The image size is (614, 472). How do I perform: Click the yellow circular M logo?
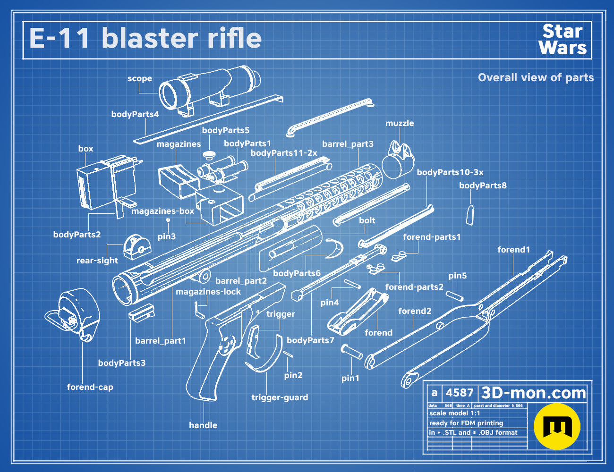tap(557, 426)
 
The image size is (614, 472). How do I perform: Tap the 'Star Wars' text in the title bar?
tap(563, 39)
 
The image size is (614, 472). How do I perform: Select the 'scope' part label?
tap(140, 78)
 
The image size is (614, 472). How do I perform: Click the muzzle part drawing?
tap(398, 160)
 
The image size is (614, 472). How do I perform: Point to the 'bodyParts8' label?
tap(483, 185)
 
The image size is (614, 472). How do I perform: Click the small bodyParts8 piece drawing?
tap(470, 215)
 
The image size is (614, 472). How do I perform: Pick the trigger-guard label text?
tap(280, 397)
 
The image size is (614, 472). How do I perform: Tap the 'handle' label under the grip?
tap(203, 425)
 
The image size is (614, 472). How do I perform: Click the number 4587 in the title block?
tap(459, 393)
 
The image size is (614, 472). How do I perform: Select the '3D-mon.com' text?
tap(533, 393)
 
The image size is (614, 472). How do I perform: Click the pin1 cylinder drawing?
tap(351, 352)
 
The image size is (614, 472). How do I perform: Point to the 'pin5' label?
tap(458, 276)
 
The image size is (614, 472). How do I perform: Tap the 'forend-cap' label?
tap(90, 387)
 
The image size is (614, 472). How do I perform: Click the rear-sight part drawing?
tap(137, 247)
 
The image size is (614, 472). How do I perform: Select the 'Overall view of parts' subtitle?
tap(536, 77)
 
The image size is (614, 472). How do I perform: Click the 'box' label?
tap(85, 149)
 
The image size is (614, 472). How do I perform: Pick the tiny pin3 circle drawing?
tap(168, 219)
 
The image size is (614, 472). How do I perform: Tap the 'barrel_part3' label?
tap(348, 144)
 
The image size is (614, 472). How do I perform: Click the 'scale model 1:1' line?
tap(455, 413)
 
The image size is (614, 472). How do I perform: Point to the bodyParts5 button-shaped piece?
tap(209, 154)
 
